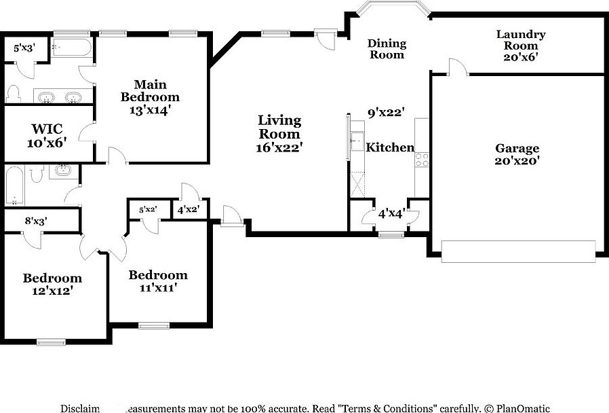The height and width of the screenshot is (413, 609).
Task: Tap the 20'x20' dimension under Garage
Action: (517, 161)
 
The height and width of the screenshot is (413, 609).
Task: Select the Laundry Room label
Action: (520, 46)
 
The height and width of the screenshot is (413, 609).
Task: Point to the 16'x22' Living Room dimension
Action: (279, 147)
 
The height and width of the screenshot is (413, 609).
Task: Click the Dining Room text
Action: (387, 49)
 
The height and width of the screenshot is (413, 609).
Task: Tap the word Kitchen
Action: (390, 147)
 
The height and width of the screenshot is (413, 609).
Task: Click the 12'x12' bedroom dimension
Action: (52, 291)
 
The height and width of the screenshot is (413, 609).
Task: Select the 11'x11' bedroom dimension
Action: (158, 288)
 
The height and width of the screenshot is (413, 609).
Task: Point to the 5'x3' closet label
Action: (26, 48)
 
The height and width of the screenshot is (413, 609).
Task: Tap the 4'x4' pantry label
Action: (391, 213)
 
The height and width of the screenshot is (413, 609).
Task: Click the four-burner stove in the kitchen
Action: (421, 160)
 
